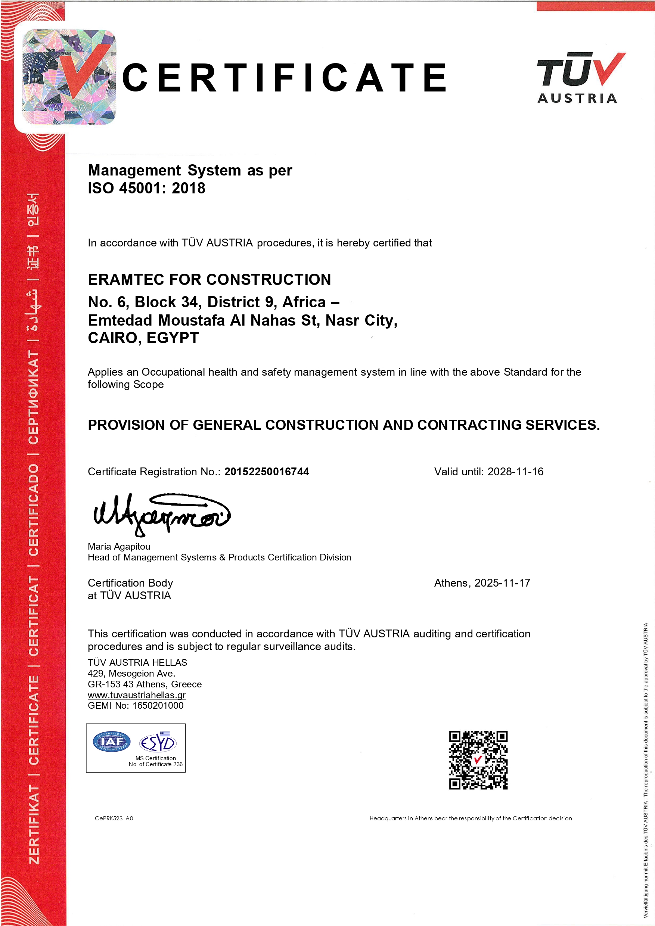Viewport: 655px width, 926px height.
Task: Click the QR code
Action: pyautogui.click(x=478, y=760)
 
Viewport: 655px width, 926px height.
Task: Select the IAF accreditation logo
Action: pyautogui.click(x=112, y=742)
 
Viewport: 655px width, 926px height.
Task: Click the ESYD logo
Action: pyautogui.click(x=158, y=742)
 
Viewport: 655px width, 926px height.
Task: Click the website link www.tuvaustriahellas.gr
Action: pyautogui.click(x=137, y=695)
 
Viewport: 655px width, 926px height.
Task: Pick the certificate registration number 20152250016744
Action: pyautogui.click(x=267, y=472)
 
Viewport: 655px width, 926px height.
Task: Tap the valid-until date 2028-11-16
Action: pyautogui.click(x=515, y=472)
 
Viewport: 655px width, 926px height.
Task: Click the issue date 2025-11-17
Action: pyautogui.click(x=502, y=583)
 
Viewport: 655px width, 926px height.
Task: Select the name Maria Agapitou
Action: pyautogui.click(x=119, y=547)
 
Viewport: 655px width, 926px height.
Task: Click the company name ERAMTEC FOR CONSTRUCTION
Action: pyautogui.click(x=209, y=280)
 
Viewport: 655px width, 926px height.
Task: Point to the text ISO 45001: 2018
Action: pyautogui.click(x=146, y=188)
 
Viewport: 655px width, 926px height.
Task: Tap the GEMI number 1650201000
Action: pyautogui.click(x=158, y=705)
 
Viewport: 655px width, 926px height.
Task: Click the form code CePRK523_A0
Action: pyautogui.click(x=114, y=818)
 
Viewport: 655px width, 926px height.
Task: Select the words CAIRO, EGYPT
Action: pyautogui.click(x=143, y=338)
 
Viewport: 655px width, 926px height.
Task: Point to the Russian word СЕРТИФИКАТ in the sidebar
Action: pyautogui.click(x=34, y=397)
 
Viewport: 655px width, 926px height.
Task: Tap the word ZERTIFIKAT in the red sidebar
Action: pyautogui.click(x=34, y=825)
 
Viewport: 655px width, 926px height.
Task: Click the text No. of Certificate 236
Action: pyautogui.click(x=156, y=764)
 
